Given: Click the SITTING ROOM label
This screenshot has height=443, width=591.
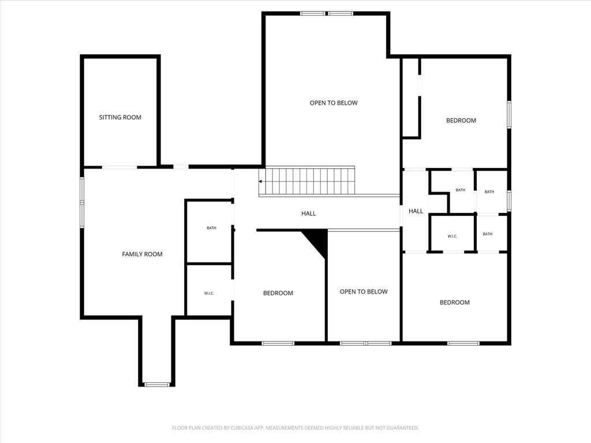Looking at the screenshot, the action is [x=120, y=117].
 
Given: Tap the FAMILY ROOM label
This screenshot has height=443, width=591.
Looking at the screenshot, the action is [x=142, y=254].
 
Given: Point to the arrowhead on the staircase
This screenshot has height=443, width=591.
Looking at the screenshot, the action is [x=260, y=182].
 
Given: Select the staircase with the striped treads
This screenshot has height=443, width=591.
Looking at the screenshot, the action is [x=307, y=181].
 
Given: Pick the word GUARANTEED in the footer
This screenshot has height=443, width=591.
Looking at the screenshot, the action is [x=403, y=428].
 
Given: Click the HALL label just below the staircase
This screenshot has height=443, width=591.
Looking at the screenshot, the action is [x=308, y=213].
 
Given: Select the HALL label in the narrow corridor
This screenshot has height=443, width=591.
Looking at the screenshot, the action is [x=416, y=211].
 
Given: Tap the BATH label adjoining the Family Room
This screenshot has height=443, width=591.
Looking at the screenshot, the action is [x=211, y=228].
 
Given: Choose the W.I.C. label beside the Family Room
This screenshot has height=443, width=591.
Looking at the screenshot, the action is [x=209, y=294].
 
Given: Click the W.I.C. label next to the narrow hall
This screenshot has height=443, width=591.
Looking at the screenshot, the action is [x=452, y=236].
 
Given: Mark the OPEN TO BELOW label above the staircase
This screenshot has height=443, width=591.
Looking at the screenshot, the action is [x=334, y=103].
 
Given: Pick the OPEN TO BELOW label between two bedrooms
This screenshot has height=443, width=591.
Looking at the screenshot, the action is [x=364, y=291].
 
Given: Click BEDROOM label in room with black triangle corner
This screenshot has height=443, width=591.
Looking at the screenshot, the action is [x=278, y=293].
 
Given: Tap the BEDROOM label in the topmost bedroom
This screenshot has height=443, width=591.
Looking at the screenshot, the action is [x=461, y=121].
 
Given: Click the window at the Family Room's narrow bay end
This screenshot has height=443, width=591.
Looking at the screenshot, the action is [x=158, y=385].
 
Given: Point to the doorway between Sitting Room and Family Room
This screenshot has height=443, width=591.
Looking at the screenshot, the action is [x=119, y=167].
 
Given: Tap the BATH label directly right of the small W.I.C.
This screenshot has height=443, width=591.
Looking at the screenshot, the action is [x=487, y=234].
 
